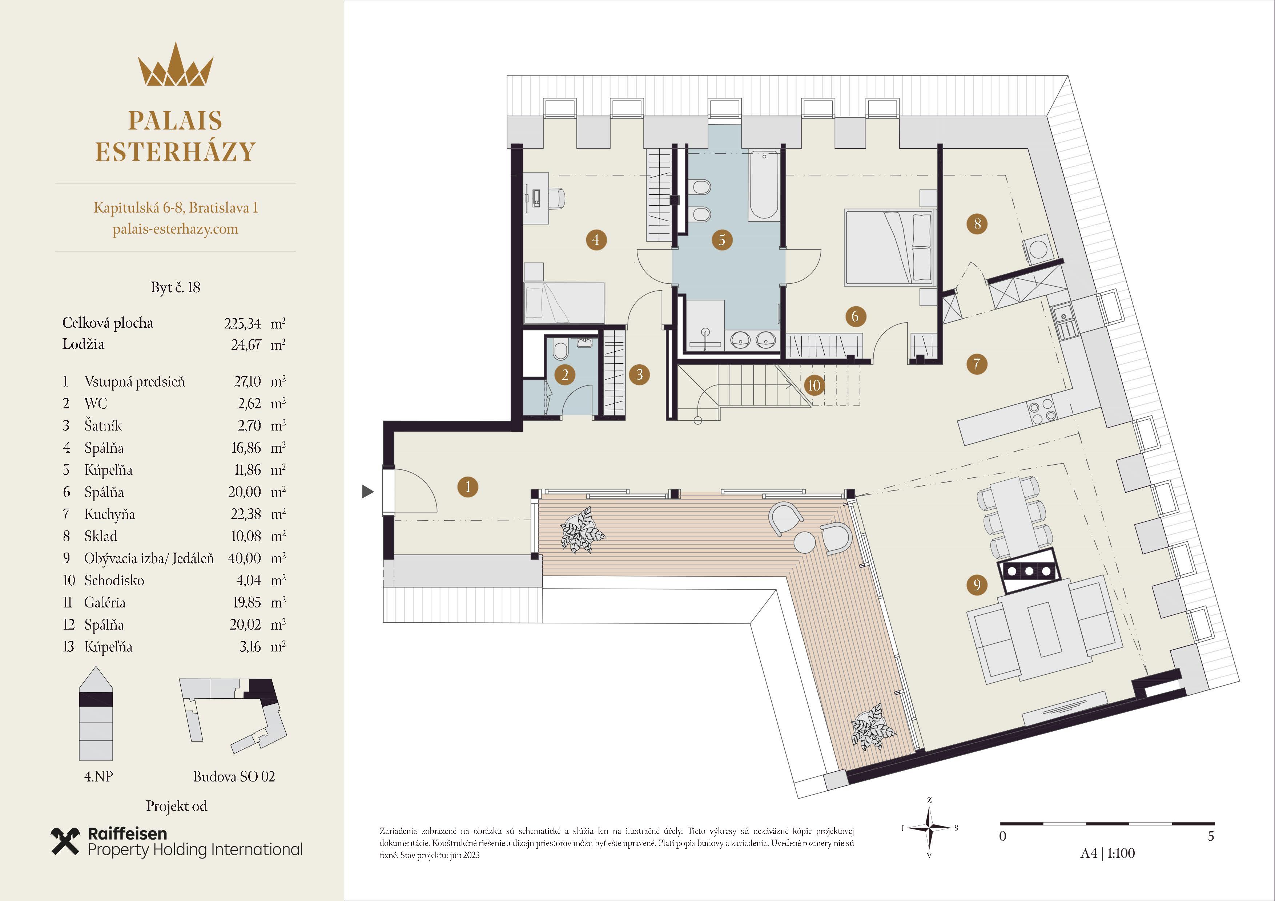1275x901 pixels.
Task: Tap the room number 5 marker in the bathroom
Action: (x=722, y=240)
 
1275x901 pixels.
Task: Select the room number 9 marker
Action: (x=977, y=585)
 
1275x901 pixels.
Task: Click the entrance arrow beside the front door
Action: (x=367, y=491)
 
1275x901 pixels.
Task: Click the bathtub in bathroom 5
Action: (x=764, y=185)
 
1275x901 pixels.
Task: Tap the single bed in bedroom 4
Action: (x=564, y=302)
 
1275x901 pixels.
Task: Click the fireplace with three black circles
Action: (x=1029, y=571)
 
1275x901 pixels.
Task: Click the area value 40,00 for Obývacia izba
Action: (x=244, y=558)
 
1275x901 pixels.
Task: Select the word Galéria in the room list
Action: (x=105, y=602)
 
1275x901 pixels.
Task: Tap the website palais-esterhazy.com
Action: (x=176, y=229)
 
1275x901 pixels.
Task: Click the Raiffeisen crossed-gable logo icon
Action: (x=65, y=841)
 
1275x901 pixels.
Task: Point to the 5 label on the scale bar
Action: (x=1211, y=836)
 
